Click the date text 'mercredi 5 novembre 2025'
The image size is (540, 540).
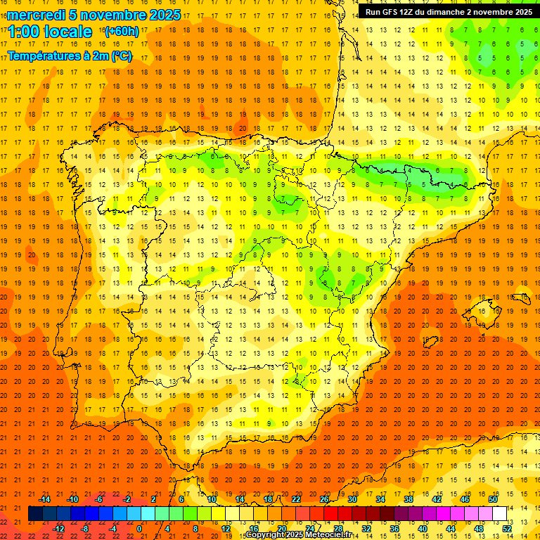click(x=94, y=15)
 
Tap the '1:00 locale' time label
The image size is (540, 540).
click(x=50, y=32)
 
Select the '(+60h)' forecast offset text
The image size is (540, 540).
click(x=121, y=32)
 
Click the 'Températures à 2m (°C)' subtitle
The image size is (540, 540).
click(x=70, y=56)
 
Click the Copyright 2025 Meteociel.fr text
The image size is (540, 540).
click(x=298, y=535)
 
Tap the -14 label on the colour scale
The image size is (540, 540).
click(x=45, y=499)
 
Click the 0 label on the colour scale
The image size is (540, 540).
click(x=139, y=528)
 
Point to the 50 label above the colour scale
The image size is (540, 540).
click(x=493, y=499)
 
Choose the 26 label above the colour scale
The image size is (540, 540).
click(x=324, y=499)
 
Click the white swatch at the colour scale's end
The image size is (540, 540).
click(x=499, y=513)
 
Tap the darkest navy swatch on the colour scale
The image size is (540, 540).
click(x=35, y=513)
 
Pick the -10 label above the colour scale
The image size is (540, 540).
click(x=72, y=499)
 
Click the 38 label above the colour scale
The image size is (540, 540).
click(x=409, y=499)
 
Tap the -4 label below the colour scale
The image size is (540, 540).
click(x=112, y=528)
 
